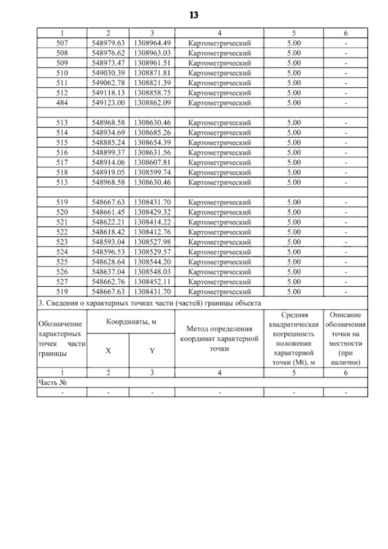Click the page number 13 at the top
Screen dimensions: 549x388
[194, 15]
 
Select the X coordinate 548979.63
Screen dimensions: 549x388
[108, 43]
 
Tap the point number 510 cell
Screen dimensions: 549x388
[62, 73]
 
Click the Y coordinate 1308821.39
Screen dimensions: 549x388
[152, 83]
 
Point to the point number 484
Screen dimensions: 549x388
[62, 103]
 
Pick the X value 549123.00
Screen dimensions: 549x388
[108, 103]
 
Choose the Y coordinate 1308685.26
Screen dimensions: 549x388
[152, 133]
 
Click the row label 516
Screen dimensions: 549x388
[62, 153]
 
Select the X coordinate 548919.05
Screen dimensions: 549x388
[108, 172]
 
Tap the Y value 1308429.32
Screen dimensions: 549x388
[152, 212]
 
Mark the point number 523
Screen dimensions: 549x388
[62, 242]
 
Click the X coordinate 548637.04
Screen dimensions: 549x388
[108, 272]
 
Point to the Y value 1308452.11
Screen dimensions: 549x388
[152, 282]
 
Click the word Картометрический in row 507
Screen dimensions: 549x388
[219, 43]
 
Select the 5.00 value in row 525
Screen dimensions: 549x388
[294, 262]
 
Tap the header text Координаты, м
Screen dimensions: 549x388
[131, 322]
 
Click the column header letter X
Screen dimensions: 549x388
[108, 351]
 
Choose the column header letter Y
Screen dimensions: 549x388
[152, 351]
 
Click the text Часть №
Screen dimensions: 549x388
[52, 383]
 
